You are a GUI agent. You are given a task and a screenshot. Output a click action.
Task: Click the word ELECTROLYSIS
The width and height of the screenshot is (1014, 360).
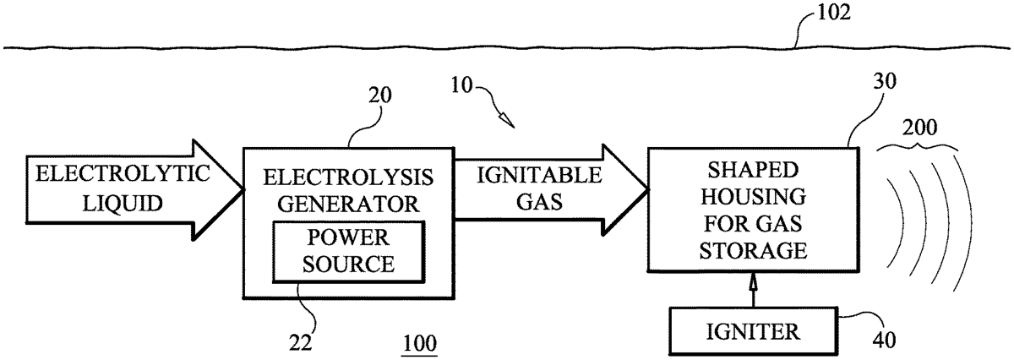pyautogui.click(x=347, y=179)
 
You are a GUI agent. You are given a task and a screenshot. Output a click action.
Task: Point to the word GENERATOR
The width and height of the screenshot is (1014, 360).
pyautogui.click(x=347, y=204)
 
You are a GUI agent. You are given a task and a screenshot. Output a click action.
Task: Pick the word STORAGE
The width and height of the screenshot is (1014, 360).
pyautogui.click(x=752, y=251)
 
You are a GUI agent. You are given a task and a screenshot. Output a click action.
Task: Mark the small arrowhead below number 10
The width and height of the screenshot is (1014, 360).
pyautogui.click(x=505, y=119)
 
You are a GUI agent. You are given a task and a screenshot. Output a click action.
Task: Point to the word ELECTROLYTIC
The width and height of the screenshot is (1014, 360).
pyautogui.click(x=111, y=175)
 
